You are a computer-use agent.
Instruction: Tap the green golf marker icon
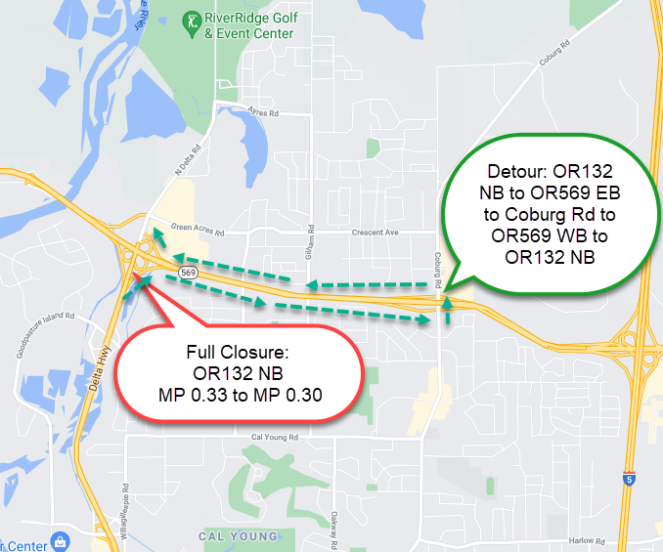point(190,20)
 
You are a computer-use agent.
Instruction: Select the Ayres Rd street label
point(265,113)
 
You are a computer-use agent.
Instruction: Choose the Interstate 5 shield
point(626,480)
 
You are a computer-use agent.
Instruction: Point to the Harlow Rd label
point(585,540)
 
